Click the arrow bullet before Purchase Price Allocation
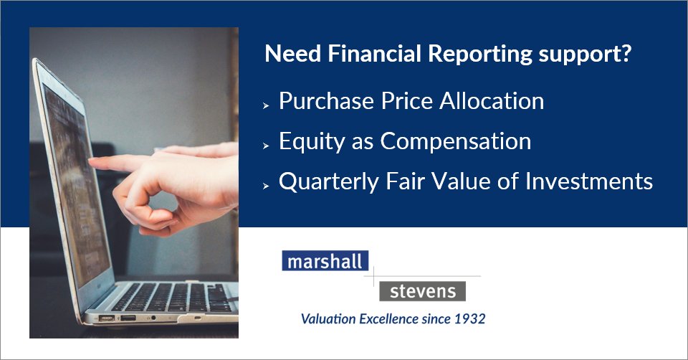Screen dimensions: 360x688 265,105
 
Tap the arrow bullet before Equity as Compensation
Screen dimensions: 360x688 265,145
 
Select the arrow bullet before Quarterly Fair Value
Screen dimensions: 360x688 265,185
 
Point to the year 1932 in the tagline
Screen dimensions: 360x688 469,318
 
